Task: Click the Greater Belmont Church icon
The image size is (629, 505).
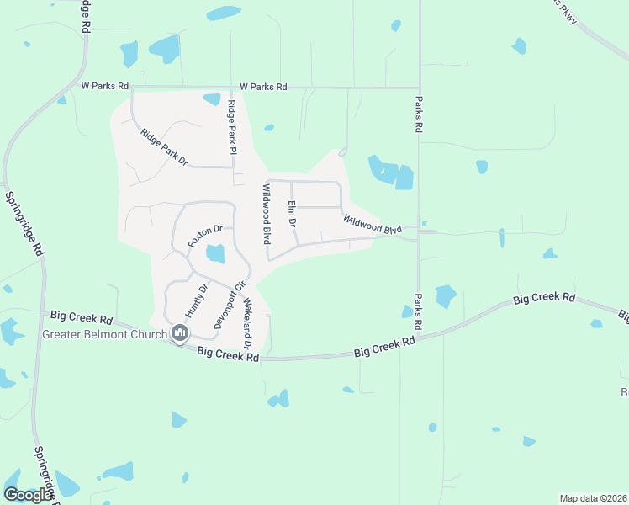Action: [x=179, y=334]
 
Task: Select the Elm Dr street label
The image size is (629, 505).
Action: [x=292, y=215]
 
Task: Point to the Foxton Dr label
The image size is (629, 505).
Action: [x=205, y=234]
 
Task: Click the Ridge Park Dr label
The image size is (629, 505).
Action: [x=164, y=146]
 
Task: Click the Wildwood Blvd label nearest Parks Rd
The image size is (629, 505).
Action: [x=373, y=224]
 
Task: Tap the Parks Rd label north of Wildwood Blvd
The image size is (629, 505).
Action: [x=417, y=114]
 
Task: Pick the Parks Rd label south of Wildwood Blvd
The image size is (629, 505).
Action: [x=418, y=311]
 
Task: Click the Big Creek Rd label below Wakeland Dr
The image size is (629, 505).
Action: [x=228, y=355]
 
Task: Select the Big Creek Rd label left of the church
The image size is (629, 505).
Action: [x=82, y=317]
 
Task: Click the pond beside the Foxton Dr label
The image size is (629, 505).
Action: [x=215, y=253]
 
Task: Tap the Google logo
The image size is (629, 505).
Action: [x=28, y=495]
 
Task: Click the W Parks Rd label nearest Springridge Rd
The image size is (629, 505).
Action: [x=105, y=86]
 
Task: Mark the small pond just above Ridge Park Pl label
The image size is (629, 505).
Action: [x=211, y=99]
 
